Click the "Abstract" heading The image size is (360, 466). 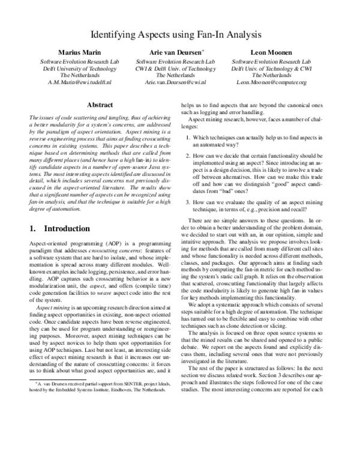pyautogui.click(x=100, y=104)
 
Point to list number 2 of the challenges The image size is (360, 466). pyautogui.click(x=188, y=156)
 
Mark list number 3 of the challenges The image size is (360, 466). pyautogui.click(x=188, y=202)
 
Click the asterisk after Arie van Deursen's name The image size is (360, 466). pyautogui.click(x=203, y=51)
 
